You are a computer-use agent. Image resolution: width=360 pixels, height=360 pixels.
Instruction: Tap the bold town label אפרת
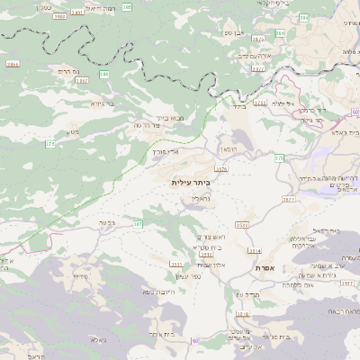point(264,268)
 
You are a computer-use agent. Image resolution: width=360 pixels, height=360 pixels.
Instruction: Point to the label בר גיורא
point(100,103)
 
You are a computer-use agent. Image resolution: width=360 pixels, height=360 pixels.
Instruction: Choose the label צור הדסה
point(148,126)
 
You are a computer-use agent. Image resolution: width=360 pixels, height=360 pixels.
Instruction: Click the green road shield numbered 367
point(139,224)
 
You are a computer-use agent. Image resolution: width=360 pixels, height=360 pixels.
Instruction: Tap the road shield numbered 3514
point(255,251)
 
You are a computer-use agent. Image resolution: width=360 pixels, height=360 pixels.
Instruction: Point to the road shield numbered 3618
point(241,313)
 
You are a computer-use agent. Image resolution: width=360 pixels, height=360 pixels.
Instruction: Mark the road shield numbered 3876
point(221,168)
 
